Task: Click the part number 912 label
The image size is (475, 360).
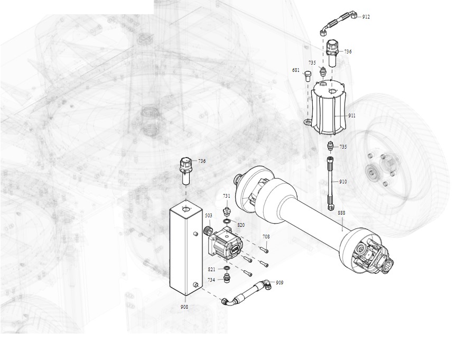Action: click(366, 17)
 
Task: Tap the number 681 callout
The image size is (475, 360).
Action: click(296, 70)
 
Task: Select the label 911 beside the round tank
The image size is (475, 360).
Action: click(352, 116)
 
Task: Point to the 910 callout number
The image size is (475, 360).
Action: click(343, 182)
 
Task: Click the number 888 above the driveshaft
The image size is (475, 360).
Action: click(341, 213)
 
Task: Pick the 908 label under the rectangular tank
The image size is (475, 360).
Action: click(184, 307)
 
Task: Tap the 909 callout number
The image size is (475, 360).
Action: click(280, 283)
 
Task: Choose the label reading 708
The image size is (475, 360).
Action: click(266, 237)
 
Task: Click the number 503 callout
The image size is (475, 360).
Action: click(209, 216)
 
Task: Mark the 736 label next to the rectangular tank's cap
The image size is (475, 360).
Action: click(202, 161)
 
